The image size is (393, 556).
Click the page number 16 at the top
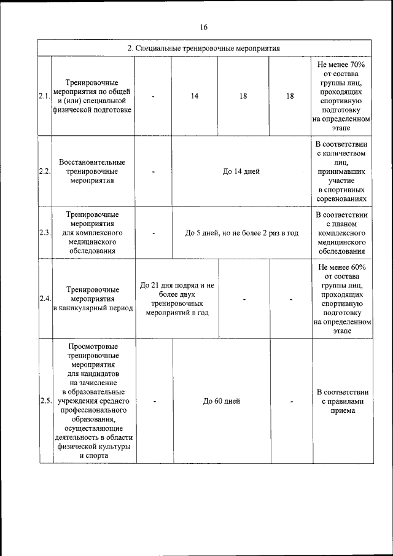[204, 27]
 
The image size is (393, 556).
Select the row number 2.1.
[44, 96]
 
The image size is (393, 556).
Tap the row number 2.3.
[44, 233]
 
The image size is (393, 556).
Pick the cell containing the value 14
[194, 96]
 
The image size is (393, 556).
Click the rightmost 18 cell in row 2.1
[290, 96]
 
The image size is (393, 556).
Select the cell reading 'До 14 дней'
[241, 171]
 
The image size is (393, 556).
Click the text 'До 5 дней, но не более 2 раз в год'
[242, 233]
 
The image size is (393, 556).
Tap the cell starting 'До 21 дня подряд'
[177, 299]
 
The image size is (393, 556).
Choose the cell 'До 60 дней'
[221, 401]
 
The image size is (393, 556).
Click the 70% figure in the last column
[358, 64]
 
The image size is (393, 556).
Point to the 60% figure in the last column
[359, 267]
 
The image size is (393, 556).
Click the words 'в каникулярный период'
[93, 308]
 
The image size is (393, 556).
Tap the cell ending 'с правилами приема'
[342, 401]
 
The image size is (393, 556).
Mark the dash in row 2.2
[153, 172]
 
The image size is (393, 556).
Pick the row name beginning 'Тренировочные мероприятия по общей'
[93, 96]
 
